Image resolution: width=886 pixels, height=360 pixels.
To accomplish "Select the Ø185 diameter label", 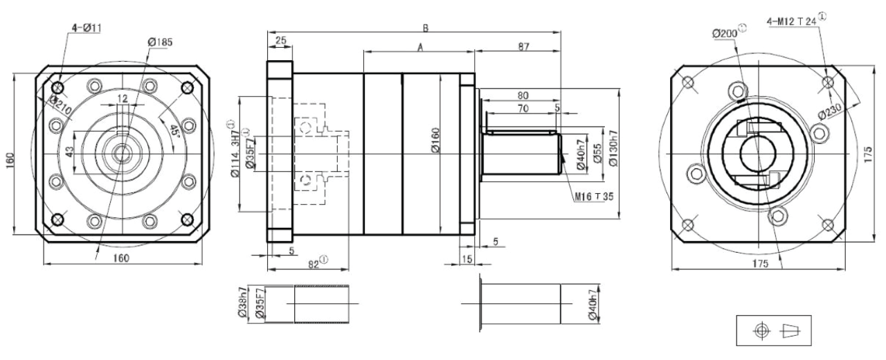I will [160, 42].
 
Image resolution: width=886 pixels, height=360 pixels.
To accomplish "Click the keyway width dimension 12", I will [123, 99].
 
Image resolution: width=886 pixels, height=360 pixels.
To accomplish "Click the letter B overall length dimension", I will [426, 28].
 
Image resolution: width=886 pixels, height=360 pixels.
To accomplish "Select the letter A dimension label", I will [419, 46].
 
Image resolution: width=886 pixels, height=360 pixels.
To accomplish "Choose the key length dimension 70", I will [523, 109].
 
